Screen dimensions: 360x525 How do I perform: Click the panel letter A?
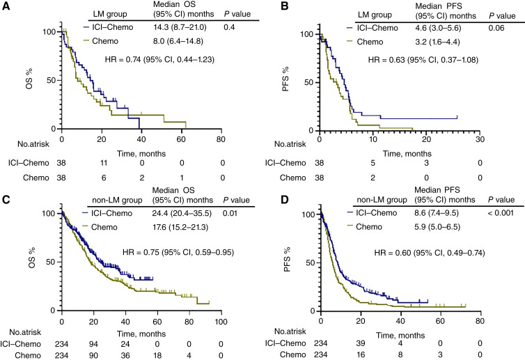(6, 6)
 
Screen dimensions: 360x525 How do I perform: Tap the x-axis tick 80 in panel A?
(221, 138)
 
